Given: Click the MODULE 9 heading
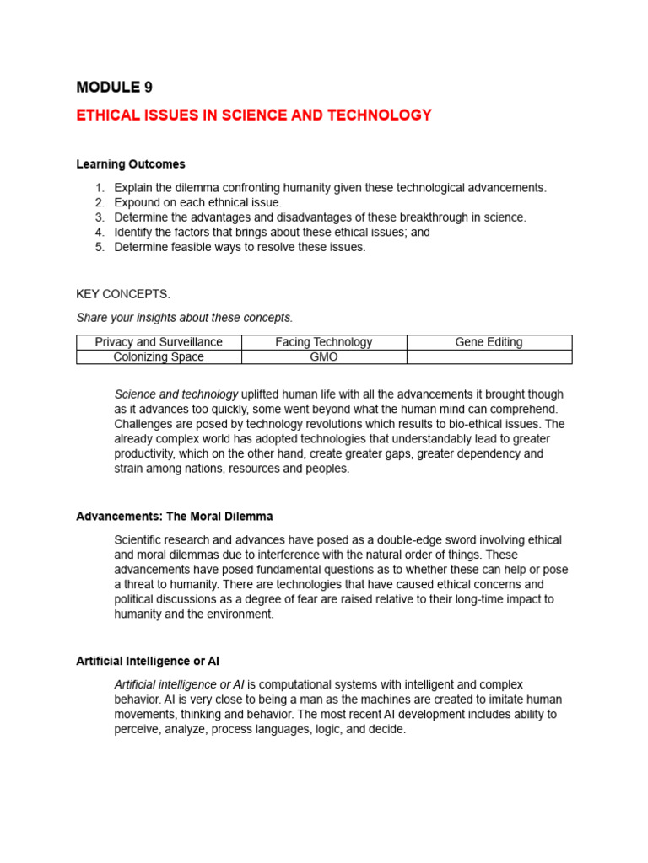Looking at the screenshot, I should pyautogui.click(x=115, y=87).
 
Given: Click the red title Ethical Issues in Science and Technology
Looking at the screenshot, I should pyautogui.click(x=254, y=115).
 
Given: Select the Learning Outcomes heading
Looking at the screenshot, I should pyautogui.click(x=131, y=164).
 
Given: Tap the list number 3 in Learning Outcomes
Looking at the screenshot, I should pyautogui.click(x=99, y=217).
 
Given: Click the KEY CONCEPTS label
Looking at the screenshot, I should pyautogui.click(x=123, y=294).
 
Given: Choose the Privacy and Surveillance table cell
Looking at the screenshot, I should pyautogui.click(x=159, y=342).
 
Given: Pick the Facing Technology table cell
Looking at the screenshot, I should pyautogui.click(x=324, y=342).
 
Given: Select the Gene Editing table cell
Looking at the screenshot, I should pyautogui.click(x=489, y=342).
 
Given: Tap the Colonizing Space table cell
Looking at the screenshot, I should pyautogui.click(x=159, y=356).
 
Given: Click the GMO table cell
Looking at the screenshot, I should pyautogui.click(x=324, y=356).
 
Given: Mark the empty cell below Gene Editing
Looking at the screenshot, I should pyautogui.click(x=489, y=356).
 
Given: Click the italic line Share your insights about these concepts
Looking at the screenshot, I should pyautogui.click(x=185, y=318).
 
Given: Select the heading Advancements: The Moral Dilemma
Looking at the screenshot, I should pyautogui.click(x=175, y=516).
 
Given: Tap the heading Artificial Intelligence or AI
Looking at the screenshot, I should pyautogui.click(x=148, y=661).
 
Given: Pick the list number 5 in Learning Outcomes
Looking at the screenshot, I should pyautogui.click(x=99, y=247).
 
